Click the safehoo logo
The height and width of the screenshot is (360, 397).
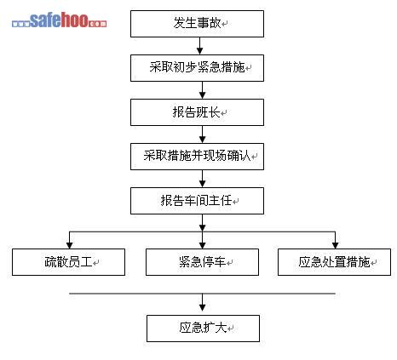(60, 20)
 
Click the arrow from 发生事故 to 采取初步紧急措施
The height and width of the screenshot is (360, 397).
(199, 46)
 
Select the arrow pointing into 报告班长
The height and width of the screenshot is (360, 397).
(202, 90)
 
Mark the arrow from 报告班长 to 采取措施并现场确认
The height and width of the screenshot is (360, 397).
(202, 134)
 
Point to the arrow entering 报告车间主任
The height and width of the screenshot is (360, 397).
(202, 179)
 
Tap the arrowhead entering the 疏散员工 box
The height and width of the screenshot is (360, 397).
(69, 245)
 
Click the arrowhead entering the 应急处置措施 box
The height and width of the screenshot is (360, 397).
(335, 245)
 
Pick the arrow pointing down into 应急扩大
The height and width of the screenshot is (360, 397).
(202, 302)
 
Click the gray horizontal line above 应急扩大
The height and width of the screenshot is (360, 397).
(202, 294)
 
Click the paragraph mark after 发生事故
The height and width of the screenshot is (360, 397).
(225, 24)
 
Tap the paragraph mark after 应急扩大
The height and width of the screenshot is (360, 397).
(231, 329)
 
